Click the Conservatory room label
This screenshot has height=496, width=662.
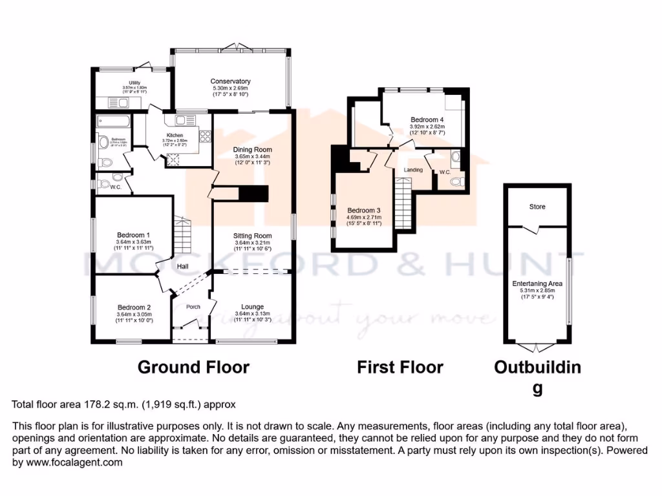[x=230, y=81]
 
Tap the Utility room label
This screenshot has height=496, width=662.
[x=134, y=83]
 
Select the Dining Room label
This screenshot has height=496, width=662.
[x=253, y=149]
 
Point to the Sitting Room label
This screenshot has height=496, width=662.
[x=252, y=236]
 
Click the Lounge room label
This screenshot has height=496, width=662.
[x=253, y=307]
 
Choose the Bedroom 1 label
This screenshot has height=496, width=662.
[x=134, y=234]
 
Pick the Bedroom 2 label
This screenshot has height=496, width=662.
[x=134, y=307]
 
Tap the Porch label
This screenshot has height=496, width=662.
[x=193, y=307]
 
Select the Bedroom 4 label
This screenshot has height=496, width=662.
[x=427, y=119]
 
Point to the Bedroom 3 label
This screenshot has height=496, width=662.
[x=364, y=211]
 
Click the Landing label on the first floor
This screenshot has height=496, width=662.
[x=413, y=170]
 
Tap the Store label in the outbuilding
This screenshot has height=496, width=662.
[x=537, y=207]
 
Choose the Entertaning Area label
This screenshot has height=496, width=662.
[x=537, y=284]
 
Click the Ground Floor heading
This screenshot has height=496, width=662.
[x=193, y=367]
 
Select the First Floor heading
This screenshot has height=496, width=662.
[x=400, y=367]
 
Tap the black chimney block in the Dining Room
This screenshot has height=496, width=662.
[x=253, y=193]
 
